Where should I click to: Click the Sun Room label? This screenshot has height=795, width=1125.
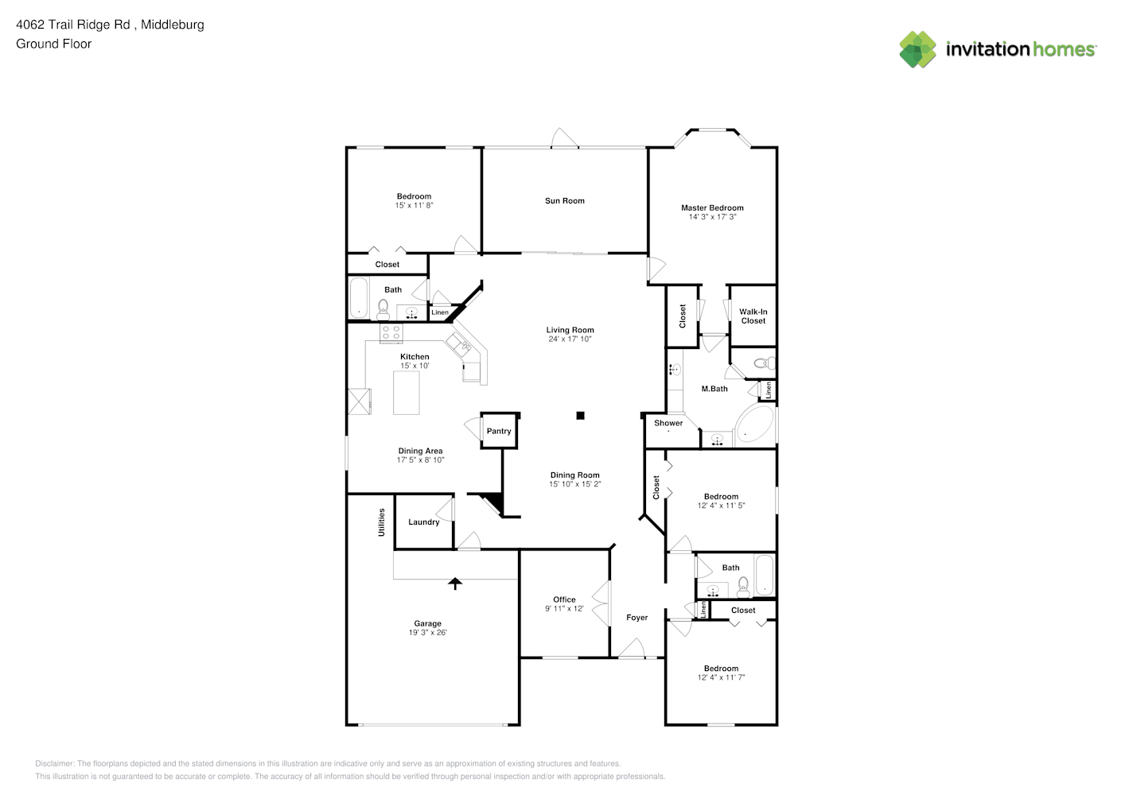coord(565,201)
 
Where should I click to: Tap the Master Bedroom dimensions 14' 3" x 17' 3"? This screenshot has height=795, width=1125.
coord(712,217)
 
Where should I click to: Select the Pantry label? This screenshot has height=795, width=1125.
coord(499,431)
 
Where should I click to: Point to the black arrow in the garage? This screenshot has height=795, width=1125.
coord(455,584)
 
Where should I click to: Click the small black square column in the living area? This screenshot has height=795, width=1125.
coord(581,416)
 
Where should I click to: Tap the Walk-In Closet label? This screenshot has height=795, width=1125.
coord(753,316)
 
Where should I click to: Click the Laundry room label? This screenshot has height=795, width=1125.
coord(424,522)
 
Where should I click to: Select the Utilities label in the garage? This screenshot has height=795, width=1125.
coord(381,522)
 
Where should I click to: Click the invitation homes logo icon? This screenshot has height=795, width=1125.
coord(917,49)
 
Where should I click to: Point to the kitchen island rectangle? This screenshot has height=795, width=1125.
coord(407,393)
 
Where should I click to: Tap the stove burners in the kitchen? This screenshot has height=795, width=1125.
coord(391,333)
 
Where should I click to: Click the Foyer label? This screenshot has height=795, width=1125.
coord(636,618)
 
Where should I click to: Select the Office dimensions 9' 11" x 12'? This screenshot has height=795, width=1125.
coord(565,608)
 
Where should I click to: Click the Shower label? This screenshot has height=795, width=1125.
coord(668,423)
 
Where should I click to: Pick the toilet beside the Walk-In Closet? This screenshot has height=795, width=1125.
coord(765,363)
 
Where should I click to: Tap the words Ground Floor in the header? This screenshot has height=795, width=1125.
coord(54,44)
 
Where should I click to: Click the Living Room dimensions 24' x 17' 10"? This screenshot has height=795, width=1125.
coord(570,339)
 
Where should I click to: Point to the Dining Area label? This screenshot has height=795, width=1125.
coord(420,451)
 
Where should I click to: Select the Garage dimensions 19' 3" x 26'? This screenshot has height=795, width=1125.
coord(428,632)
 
